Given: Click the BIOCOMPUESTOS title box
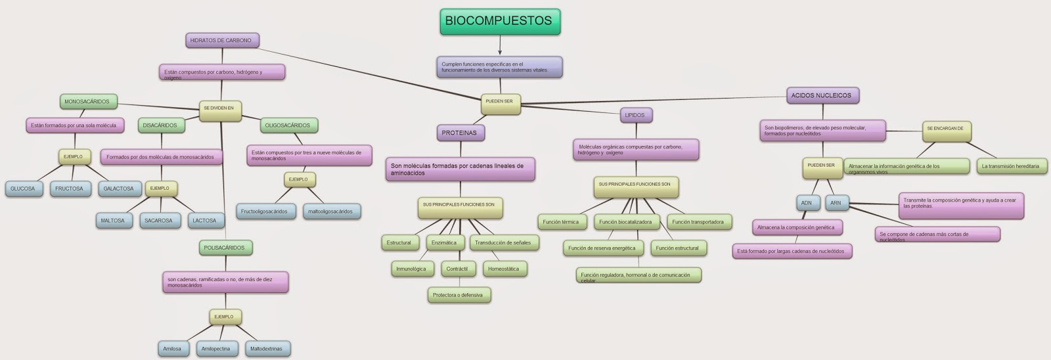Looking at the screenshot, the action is click(x=499, y=21).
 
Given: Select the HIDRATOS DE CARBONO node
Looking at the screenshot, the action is click(x=221, y=41).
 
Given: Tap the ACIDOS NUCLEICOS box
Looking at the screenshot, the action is click(x=821, y=96).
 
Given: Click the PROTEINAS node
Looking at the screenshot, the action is click(x=460, y=133).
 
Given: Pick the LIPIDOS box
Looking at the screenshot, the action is click(x=635, y=116).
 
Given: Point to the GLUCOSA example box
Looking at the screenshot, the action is click(x=23, y=189).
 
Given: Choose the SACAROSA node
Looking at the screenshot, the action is click(x=158, y=221).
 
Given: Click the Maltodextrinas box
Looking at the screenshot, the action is click(x=266, y=349).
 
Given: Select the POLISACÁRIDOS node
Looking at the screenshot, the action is click(x=224, y=248).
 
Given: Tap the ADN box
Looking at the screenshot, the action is click(x=806, y=203).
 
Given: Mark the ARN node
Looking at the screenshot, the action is click(x=836, y=203).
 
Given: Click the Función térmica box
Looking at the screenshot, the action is click(x=560, y=222).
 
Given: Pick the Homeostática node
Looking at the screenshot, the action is click(x=503, y=269).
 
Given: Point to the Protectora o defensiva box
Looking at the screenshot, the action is click(x=458, y=296).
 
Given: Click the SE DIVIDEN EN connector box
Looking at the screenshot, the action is click(x=219, y=108).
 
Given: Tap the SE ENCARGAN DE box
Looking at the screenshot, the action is click(x=945, y=129).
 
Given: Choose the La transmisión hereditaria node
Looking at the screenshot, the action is click(x=1010, y=166).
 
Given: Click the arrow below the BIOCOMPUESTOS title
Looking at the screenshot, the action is click(x=499, y=46).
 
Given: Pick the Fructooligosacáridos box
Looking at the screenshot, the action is click(x=264, y=212).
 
